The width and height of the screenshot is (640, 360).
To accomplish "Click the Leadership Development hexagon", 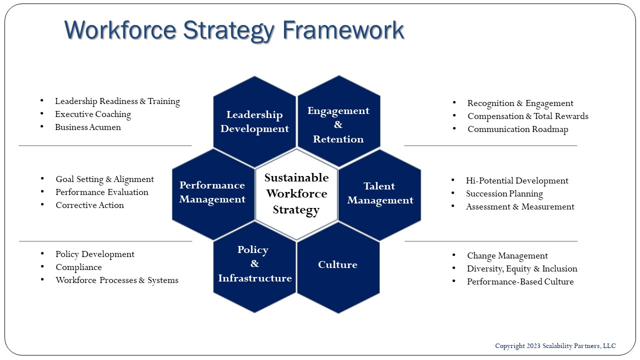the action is (254, 121).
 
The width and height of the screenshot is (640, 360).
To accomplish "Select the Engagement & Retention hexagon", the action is (339, 121).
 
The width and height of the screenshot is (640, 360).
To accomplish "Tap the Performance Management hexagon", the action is (213, 194).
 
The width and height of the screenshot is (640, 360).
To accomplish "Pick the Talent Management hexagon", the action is (379, 195).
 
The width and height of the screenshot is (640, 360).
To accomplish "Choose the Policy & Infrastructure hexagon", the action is (254, 267).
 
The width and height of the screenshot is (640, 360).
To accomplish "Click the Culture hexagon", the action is (338, 267).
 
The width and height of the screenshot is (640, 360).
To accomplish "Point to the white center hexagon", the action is (296, 194).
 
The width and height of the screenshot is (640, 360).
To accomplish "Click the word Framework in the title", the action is (343, 30).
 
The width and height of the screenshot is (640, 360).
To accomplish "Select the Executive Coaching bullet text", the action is (93, 114).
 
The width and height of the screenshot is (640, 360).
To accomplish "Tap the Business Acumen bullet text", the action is (88, 127).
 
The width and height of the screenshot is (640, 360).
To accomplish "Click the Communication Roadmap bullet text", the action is (517, 129).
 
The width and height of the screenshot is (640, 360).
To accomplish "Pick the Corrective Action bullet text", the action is (89, 205).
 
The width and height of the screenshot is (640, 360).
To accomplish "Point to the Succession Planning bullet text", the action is (504, 193).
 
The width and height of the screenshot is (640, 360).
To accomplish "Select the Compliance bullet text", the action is (78, 267).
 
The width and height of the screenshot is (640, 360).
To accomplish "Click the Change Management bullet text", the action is (507, 255).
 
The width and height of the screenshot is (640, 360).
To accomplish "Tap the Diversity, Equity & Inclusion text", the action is (522, 269).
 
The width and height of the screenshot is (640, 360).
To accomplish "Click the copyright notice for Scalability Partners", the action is (555, 346).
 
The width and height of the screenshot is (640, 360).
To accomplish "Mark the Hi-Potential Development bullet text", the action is (517, 180).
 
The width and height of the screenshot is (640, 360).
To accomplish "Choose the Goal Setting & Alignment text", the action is (104, 179).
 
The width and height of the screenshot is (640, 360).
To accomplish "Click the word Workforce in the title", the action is (120, 29).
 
